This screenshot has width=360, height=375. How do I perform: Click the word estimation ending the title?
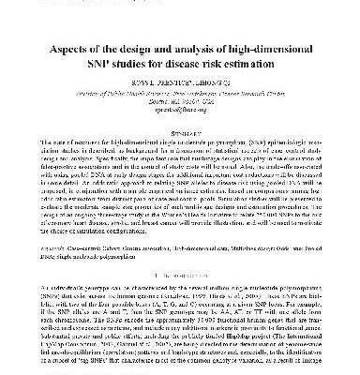point(279,64)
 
